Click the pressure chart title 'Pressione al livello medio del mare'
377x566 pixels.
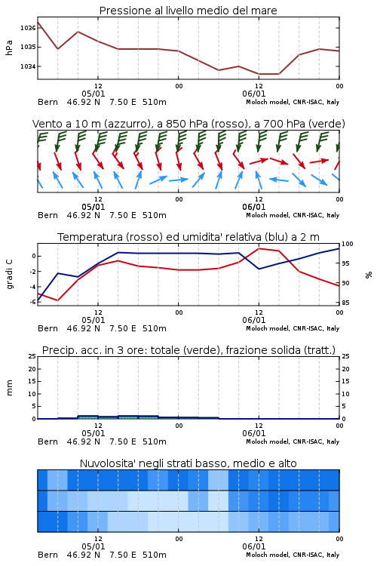click(188, 11)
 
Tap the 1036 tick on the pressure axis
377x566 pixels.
click(28, 28)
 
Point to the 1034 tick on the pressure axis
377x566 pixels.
click(28, 66)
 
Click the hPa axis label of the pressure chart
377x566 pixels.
click(9, 48)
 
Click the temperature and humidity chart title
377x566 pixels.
click(188, 237)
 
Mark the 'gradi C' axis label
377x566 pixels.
click(9, 274)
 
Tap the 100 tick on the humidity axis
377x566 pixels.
click(348, 244)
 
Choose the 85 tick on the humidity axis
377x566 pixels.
click(345, 303)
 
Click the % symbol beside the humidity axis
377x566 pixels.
click(369, 275)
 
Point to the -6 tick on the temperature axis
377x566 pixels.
click(32, 302)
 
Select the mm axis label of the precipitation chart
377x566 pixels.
click(9, 388)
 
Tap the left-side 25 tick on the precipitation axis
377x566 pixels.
click(32, 356)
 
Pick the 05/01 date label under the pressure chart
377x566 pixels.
click(93, 94)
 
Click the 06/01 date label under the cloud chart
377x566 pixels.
click(254, 546)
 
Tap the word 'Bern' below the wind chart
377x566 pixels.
click(48, 215)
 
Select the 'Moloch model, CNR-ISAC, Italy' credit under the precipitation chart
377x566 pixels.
click(293, 441)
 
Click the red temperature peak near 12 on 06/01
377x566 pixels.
click(259, 248)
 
